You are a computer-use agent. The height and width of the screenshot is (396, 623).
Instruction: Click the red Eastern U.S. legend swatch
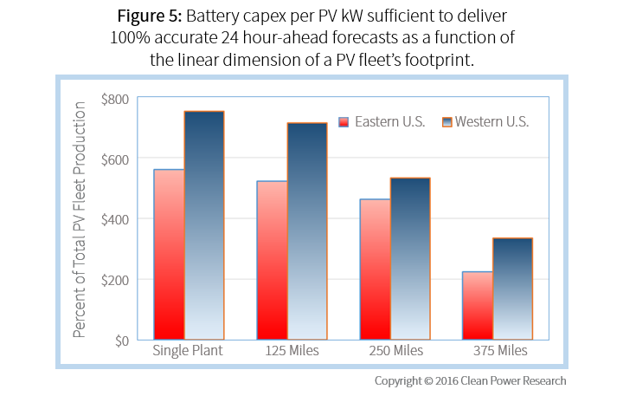(344, 122)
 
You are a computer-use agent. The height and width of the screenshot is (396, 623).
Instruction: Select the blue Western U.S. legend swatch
(447, 122)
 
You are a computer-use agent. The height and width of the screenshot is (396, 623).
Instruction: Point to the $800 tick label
(114, 99)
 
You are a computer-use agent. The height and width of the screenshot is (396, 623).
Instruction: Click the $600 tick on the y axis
(114, 159)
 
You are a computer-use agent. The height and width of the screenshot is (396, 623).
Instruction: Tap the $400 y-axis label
(114, 219)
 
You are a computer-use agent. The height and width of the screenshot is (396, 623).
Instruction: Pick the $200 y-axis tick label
(114, 280)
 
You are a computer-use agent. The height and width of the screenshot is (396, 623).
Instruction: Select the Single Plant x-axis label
(186, 352)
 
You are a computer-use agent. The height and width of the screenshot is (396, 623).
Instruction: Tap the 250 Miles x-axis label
(394, 352)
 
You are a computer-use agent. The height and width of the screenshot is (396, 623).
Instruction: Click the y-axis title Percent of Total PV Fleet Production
(80, 219)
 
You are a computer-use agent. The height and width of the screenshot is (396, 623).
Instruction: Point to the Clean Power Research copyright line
(470, 380)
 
